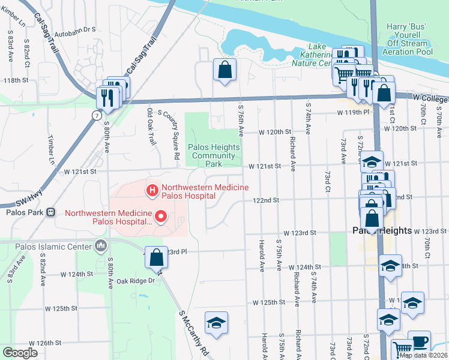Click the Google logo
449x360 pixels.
pos(20,353)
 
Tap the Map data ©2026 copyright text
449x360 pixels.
pos(423,355)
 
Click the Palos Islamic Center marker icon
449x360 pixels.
pos(100,245)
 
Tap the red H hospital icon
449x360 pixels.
pos(152,191)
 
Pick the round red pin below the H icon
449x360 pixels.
pos(160,216)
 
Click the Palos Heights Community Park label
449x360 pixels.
pos(214,155)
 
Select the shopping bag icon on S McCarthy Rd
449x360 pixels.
pos(156,258)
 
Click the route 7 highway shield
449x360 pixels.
pos(97,115)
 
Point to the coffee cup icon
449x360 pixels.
pos(419,341)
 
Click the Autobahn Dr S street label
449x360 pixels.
pos(75,28)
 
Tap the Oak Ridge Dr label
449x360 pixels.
pos(136,280)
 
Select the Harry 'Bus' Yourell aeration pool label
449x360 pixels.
pos(410,40)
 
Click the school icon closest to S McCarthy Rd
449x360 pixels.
pos(216,323)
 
